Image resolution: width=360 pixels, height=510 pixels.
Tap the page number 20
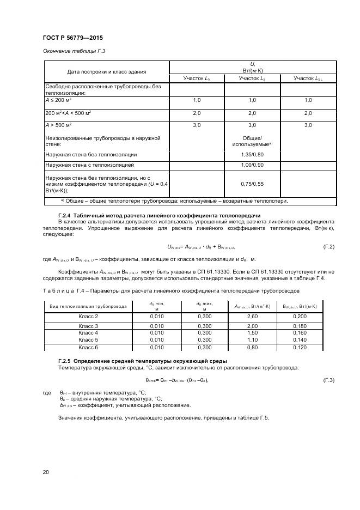coord(45,472)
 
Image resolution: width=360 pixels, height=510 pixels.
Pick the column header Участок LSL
coord(308,78)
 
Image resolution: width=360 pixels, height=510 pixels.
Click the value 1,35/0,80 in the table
coord(252,155)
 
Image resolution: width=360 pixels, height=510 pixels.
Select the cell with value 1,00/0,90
coord(252,164)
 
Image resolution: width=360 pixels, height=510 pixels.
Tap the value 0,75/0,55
coord(252,184)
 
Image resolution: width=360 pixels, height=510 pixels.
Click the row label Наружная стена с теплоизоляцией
coord(89,164)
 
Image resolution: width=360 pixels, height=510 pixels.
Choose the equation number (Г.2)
coord(328,247)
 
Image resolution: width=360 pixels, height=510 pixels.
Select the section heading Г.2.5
coord(143,361)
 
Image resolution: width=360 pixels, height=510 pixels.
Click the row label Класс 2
coord(88,316)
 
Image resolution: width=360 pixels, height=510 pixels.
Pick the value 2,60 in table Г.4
coord(252,316)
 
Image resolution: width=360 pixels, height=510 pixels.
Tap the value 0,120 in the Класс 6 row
coord(308,347)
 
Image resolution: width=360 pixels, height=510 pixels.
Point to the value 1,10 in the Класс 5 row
coord(252,339)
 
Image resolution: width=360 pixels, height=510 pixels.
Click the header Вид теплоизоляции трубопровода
coord(88,306)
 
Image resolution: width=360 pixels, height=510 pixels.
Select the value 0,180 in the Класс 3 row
coord(308,326)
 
